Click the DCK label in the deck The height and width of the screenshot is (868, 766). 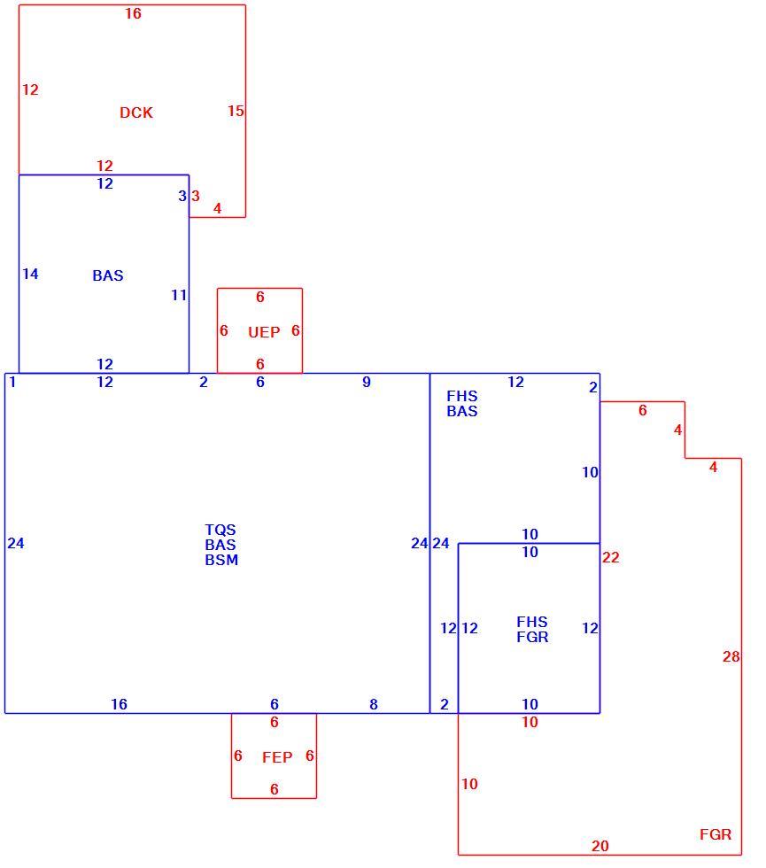click(136, 112)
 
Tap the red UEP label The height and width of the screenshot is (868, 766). click(264, 332)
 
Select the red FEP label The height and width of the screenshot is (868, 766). click(277, 757)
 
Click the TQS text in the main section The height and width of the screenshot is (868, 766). click(221, 530)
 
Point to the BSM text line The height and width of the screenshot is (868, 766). click(221, 560)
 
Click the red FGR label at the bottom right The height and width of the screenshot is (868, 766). click(716, 834)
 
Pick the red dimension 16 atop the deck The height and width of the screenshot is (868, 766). click(133, 13)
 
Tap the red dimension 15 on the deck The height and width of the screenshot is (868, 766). click(236, 111)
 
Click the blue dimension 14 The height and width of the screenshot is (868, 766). click(30, 274)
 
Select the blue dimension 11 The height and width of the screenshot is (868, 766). click(179, 295)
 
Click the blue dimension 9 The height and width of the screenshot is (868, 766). click(367, 382)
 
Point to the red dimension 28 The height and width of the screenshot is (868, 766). click(731, 656)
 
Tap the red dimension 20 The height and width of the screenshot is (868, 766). click(600, 846)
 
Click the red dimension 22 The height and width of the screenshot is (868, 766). click(610, 557)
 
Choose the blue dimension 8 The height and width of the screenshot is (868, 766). click(374, 704)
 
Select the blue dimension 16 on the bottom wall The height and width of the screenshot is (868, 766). click(119, 704)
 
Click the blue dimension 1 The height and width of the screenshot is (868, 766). click(12, 382)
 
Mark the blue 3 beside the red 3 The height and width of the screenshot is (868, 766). click(182, 196)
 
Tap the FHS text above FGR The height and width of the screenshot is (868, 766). click(532, 622)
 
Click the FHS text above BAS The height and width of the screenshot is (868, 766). click(462, 397)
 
